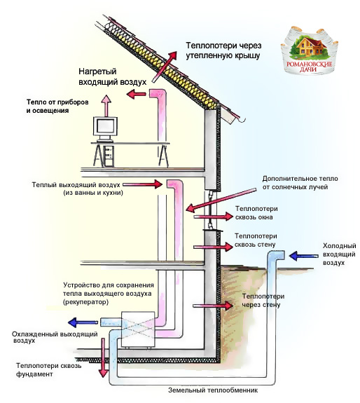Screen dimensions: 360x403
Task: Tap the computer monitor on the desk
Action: pyautogui.click(x=105, y=129)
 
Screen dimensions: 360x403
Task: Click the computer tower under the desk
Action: pyautogui.click(x=109, y=156)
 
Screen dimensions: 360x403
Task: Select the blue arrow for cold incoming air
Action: pyautogui.click(x=304, y=256)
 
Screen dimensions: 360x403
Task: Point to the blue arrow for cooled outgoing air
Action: pyautogui.click(x=83, y=322)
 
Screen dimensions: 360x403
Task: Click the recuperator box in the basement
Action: pyautogui.click(x=138, y=329)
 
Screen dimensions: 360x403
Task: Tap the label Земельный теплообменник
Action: pyautogui.click(x=213, y=390)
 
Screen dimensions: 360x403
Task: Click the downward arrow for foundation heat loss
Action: pyautogui.click(x=103, y=357)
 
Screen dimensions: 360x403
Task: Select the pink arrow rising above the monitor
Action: pyautogui.click(x=106, y=105)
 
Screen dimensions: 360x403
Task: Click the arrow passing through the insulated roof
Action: pyautogui.click(x=165, y=67)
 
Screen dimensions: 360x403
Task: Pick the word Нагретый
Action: pyautogui.click(x=97, y=71)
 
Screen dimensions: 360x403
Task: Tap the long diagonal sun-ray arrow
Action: pyautogui.click(x=221, y=200)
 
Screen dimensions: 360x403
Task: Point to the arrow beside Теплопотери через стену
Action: pyautogui.click(x=213, y=306)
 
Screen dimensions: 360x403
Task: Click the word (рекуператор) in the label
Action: pyautogui.click(x=85, y=302)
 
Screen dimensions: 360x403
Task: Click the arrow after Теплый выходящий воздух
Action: pyautogui.click(x=142, y=184)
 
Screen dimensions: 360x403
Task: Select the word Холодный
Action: pyautogui.click(x=339, y=246)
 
